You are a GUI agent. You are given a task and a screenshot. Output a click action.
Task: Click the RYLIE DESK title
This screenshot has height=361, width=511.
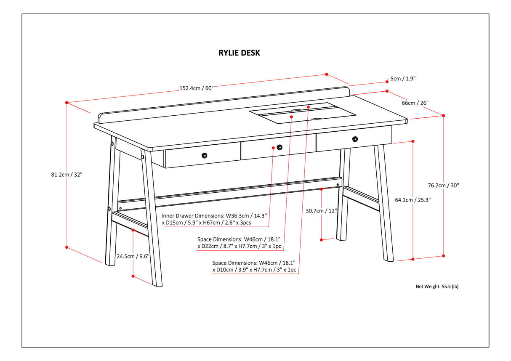coord(239,53)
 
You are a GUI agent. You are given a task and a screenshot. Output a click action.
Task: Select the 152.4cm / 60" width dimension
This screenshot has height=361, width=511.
coord(197,88)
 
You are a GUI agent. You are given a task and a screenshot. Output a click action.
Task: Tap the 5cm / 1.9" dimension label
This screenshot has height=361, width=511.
coord(403,79)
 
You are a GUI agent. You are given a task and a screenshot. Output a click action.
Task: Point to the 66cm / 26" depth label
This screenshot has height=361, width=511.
coord(415,103)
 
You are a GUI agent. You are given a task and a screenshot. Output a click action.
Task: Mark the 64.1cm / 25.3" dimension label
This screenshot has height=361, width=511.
coord(413,200)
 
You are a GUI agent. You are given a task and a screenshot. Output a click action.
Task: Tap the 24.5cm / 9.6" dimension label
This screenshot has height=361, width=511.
coord(133,256)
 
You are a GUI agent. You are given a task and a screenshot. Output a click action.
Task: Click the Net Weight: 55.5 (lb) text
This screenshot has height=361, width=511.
coord(437,287)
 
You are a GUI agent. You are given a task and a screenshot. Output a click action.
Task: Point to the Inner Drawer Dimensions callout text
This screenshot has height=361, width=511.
coord(214,219)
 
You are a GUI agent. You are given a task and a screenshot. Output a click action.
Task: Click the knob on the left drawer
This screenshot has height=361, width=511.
coord(204,155)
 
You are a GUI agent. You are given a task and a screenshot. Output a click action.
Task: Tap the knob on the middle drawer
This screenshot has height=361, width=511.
coord(279,147)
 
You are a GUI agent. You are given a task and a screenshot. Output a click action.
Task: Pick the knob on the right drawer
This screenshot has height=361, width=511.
coord(355,139)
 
